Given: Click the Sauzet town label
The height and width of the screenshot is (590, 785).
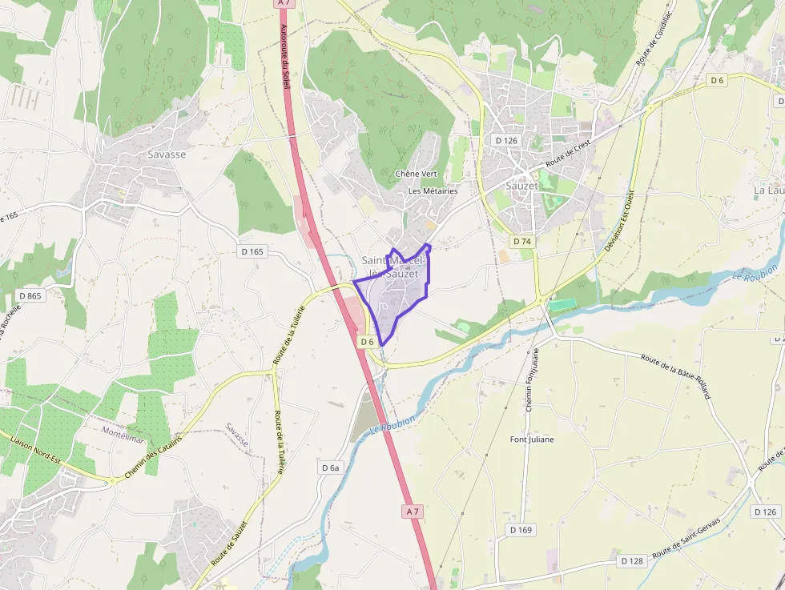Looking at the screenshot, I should point(522,185).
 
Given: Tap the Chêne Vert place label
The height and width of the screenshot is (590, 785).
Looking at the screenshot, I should point(415,174).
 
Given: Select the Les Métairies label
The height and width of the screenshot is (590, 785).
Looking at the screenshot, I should point(433,191).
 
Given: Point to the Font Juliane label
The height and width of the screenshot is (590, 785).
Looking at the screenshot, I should point(532,439).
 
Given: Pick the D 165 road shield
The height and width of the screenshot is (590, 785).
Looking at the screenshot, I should point(252,251).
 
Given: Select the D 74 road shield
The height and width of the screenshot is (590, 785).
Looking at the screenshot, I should point(522,241).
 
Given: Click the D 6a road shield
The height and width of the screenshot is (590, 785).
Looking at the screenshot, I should point(331,468).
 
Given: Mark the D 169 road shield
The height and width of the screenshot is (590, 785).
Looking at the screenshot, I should point(521,530).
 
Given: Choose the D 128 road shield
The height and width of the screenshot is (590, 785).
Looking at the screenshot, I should point(631,561).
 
